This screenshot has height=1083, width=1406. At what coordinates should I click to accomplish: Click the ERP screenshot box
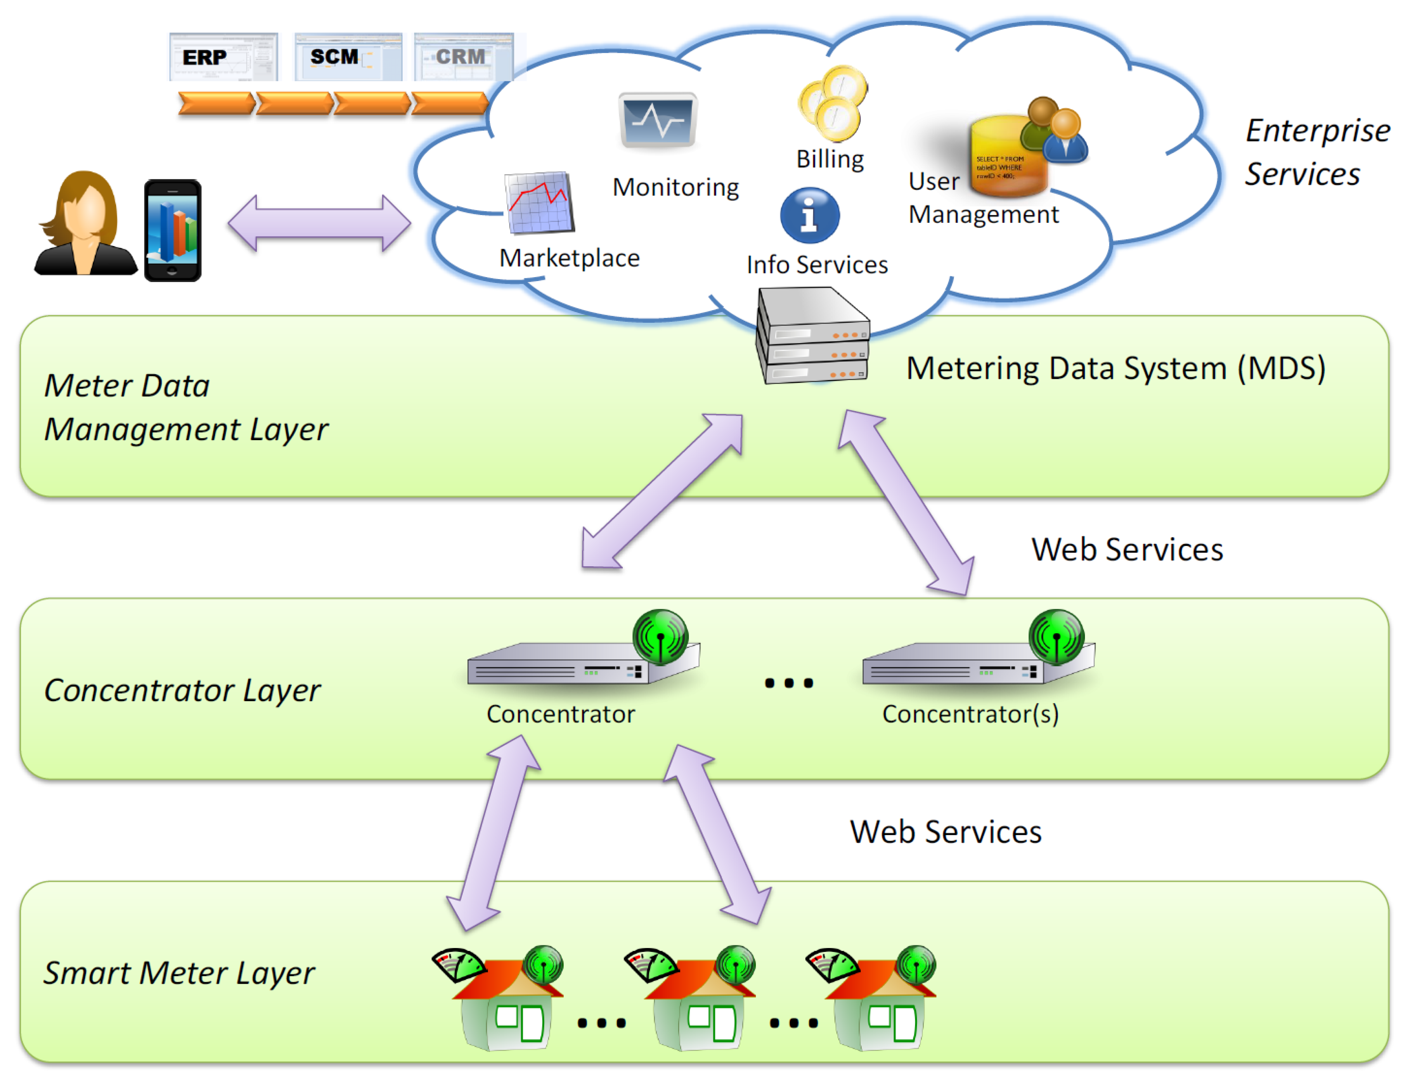[x=223, y=57]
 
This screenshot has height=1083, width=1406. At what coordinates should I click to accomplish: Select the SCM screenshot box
[x=347, y=57]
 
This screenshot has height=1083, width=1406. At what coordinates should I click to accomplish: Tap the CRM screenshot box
[x=464, y=57]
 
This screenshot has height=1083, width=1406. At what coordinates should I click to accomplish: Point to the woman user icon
[x=85, y=224]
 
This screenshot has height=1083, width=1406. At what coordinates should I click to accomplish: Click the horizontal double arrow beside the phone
[x=319, y=223]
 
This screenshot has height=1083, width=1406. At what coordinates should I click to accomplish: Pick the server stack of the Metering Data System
[x=813, y=336]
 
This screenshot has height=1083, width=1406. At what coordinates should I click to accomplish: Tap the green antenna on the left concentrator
[x=660, y=637]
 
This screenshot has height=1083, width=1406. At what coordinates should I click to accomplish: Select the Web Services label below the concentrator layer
[x=945, y=832]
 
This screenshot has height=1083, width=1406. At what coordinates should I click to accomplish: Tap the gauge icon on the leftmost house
[x=458, y=964]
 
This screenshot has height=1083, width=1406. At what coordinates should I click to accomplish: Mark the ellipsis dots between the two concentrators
[x=789, y=683]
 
